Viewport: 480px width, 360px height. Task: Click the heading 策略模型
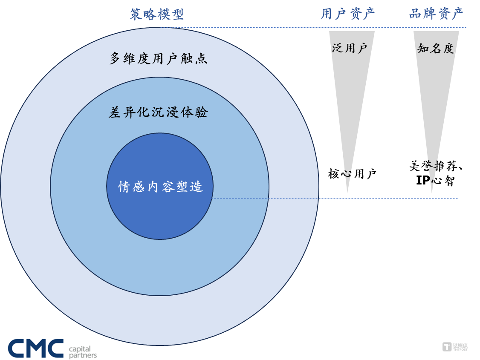(157, 14)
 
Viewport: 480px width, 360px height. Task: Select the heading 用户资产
(348, 14)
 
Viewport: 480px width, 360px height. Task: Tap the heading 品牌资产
(436, 14)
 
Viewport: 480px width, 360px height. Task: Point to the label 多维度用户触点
(159, 58)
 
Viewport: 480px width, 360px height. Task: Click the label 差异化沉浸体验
(158, 112)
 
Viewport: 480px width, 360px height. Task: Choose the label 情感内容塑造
(160, 186)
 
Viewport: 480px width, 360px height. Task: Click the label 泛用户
(350, 48)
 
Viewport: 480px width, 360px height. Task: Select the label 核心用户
(352, 174)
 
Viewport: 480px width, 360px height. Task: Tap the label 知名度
(436, 48)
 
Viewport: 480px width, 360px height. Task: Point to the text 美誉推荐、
(436, 166)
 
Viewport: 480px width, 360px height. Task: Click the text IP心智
(435, 181)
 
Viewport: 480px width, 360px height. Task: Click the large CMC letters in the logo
(35, 348)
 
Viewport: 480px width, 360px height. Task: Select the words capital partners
(83, 352)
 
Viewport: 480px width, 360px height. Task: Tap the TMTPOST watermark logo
(455, 347)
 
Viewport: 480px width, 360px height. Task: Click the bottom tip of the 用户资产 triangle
(347, 193)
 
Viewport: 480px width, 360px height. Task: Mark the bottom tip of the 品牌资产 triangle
(432, 193)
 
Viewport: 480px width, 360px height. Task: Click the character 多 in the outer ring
(115, 58)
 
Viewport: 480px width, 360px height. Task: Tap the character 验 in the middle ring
(202, 112)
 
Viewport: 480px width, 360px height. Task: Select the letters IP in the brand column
(423, 180)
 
